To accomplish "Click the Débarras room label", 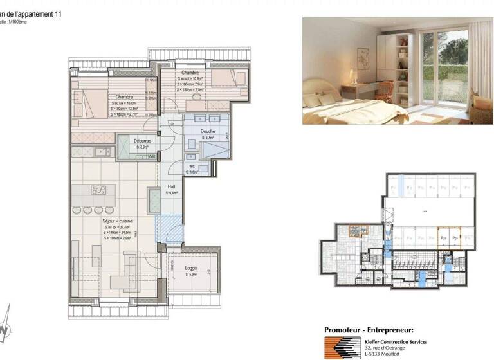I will tap(142, 140).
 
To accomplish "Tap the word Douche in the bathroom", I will tap(208, 130).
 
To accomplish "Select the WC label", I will tap(192, 166).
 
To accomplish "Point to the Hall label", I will tap(172, 186).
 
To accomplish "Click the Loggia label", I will tap(191, 268).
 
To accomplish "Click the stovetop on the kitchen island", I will tap(99, 190).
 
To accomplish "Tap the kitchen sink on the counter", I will tap(101, 152).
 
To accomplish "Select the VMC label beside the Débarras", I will tap(152, 156).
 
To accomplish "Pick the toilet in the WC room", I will tap(191, 157).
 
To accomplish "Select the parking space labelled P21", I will tap(443, 237).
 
